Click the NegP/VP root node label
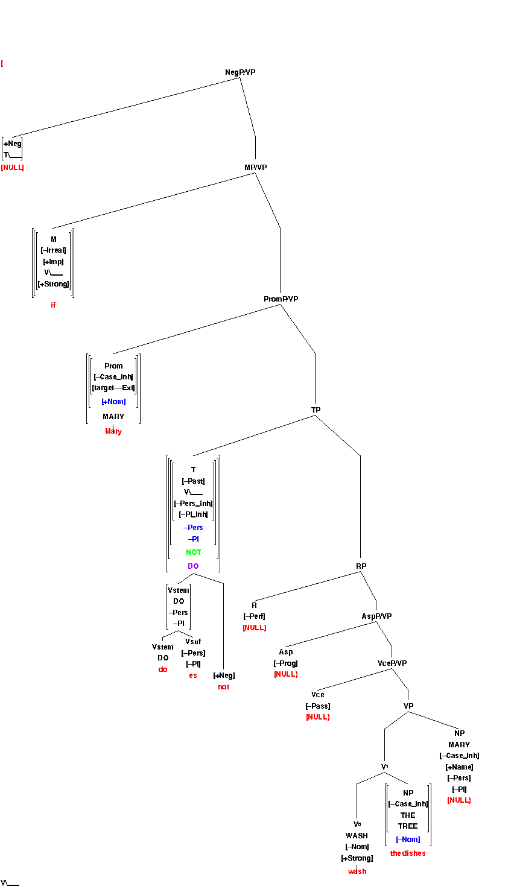240,72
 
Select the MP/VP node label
255,168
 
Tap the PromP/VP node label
281,299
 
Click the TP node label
316,410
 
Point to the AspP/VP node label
376,616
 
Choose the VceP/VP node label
392,663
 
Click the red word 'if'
53,305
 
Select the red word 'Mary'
113,431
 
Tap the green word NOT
194,552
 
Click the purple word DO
193,566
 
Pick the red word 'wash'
357,872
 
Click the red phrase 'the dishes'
408,853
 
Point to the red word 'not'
224,687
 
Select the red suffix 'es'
193,675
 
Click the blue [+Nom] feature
113,402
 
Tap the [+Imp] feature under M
53,262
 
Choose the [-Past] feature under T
193,481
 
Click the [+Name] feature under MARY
459,767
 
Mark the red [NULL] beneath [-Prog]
286,674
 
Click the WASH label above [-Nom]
357,836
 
